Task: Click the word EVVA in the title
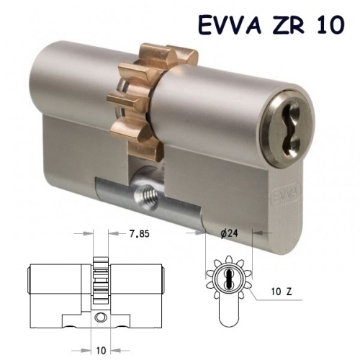(x=230, y=24)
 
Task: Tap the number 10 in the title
(x=330, y=24)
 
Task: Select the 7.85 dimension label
(x=140, y=233)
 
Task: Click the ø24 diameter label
(x=229, y=233)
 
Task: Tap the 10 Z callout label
(x=282, y=292)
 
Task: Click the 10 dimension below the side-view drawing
(x=101, y=351)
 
